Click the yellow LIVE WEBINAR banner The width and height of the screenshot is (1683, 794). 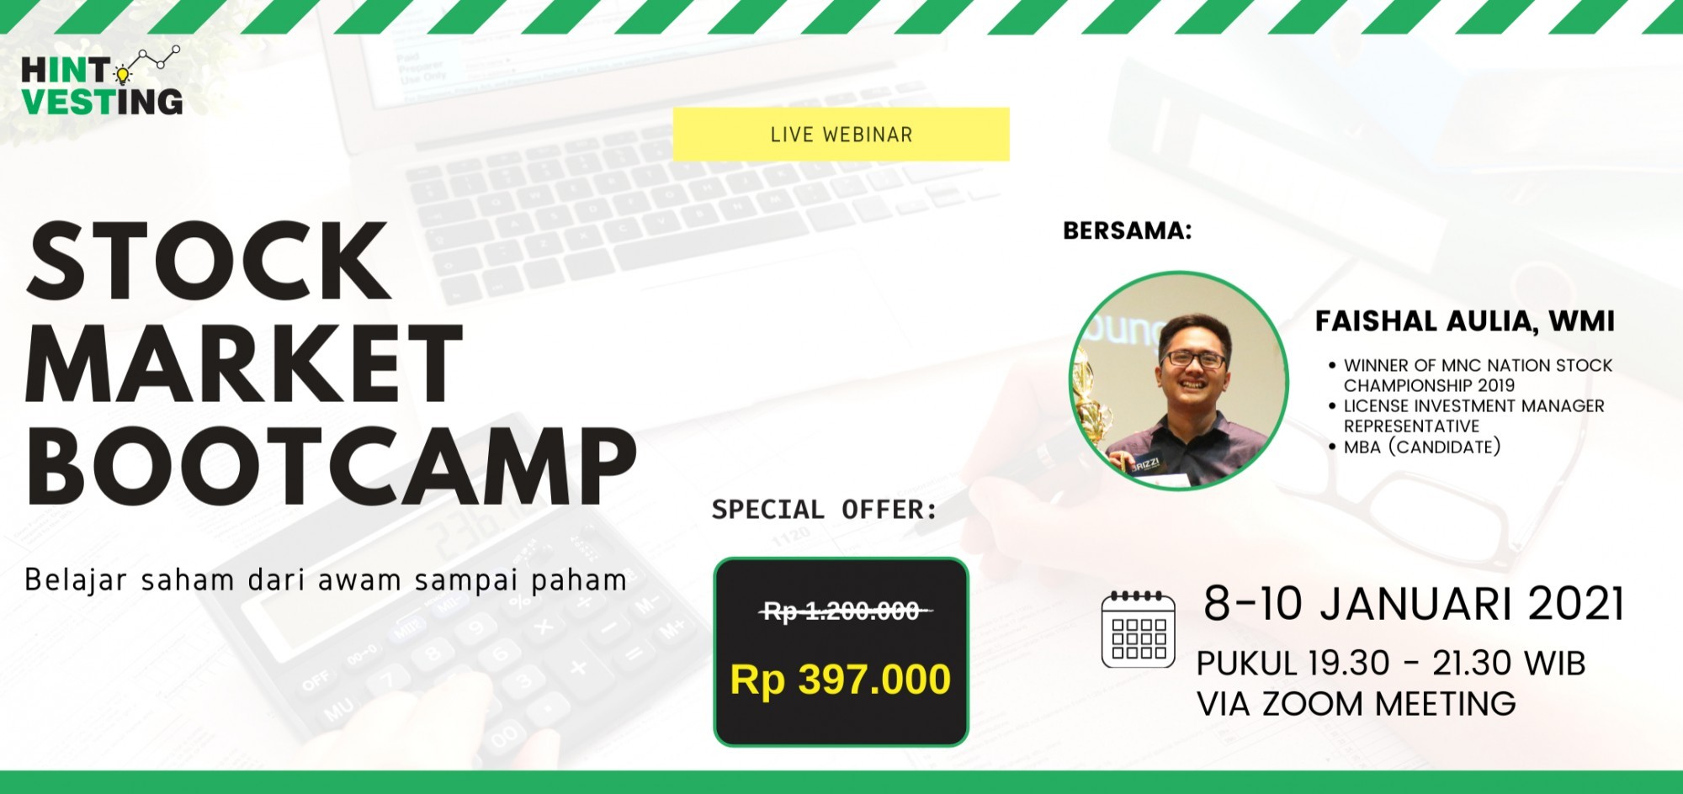841,134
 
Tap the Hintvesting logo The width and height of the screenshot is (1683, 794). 102,81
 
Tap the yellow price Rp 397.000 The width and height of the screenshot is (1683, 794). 841,680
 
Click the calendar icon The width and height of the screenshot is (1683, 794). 1139,629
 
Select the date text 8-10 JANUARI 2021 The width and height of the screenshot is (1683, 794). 1413,604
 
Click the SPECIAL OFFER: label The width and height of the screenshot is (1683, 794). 824,509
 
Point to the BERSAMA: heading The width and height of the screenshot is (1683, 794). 1128,230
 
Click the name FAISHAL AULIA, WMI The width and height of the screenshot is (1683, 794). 1465,320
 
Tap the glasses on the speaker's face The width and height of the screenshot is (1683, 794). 1193,359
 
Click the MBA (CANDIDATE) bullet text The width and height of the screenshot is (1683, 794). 1422,447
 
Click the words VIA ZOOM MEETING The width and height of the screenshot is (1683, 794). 1356,704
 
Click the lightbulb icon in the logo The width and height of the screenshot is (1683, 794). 123,75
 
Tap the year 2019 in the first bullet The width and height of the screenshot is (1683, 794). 1491,385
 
